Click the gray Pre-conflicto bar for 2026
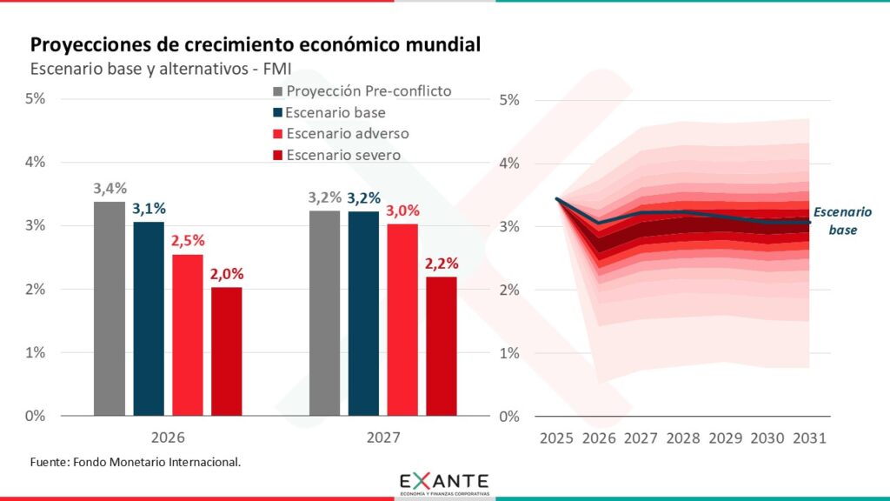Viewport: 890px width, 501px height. [x=110, y=308]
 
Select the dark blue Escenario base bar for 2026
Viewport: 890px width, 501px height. [x=149, y=318]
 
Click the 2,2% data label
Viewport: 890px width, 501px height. [x=442, y=264]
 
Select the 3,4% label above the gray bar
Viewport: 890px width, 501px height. [x=110, y=188]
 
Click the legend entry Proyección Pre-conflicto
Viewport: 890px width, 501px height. [x=369, y=90]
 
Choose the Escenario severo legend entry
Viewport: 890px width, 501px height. [x=342, y=156]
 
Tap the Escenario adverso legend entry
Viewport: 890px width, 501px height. [x=347, y=134]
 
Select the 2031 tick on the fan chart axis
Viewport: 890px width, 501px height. [x=810, y=438]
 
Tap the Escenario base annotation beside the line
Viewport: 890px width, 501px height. [x=841, y=221]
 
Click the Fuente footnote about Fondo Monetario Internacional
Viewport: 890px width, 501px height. [x=135, y=461]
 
